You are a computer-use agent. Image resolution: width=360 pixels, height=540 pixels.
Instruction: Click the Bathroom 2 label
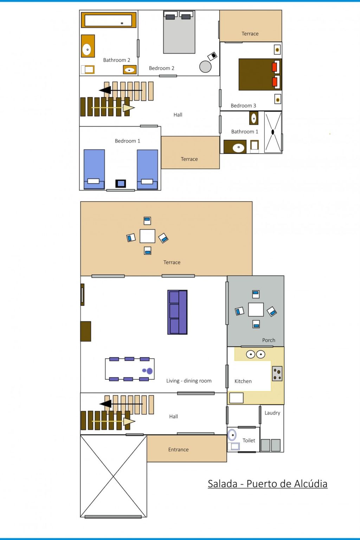click(x=116, y=60)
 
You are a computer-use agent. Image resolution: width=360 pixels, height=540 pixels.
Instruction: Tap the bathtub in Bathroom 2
click(x=109, y=20)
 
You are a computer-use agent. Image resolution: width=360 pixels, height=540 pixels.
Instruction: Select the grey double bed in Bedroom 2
click(x=179, y=32)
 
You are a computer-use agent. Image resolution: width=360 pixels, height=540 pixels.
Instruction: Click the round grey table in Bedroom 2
click(x=205, y=66)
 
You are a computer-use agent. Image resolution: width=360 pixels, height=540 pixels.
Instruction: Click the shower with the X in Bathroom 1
click(x=273, y=132)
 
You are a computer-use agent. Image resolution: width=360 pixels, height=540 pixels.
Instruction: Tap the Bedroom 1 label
click(x=127, y=141)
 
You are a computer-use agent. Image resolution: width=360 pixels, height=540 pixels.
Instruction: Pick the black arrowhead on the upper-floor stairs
click(x=105, y=90)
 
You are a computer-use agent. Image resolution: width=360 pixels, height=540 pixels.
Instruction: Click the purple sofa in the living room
click(x=178, y=312)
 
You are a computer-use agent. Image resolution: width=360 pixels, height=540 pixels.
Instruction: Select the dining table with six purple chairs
click(x=130, y=369)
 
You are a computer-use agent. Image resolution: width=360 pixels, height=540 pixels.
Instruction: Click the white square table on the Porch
click(x=256, y=309)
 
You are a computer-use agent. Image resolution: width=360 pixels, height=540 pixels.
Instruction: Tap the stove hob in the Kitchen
click(x=277, y=374)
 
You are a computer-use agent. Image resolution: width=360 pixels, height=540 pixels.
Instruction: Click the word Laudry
click(x=272, y=413)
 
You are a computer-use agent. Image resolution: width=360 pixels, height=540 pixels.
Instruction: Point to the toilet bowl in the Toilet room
click(x=232, y=435)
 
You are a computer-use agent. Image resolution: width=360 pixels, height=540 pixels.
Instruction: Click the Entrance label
click(x=179, y=449)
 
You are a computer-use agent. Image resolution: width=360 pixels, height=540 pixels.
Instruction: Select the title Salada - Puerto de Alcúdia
click(x=268, y=484)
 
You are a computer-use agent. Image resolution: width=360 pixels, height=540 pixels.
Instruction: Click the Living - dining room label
click(x=189, y=381)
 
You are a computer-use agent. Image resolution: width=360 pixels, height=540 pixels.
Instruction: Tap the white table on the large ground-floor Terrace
click(x=147, y=236)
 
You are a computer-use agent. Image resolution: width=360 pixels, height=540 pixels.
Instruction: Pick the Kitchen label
click(x=243, y=381)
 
